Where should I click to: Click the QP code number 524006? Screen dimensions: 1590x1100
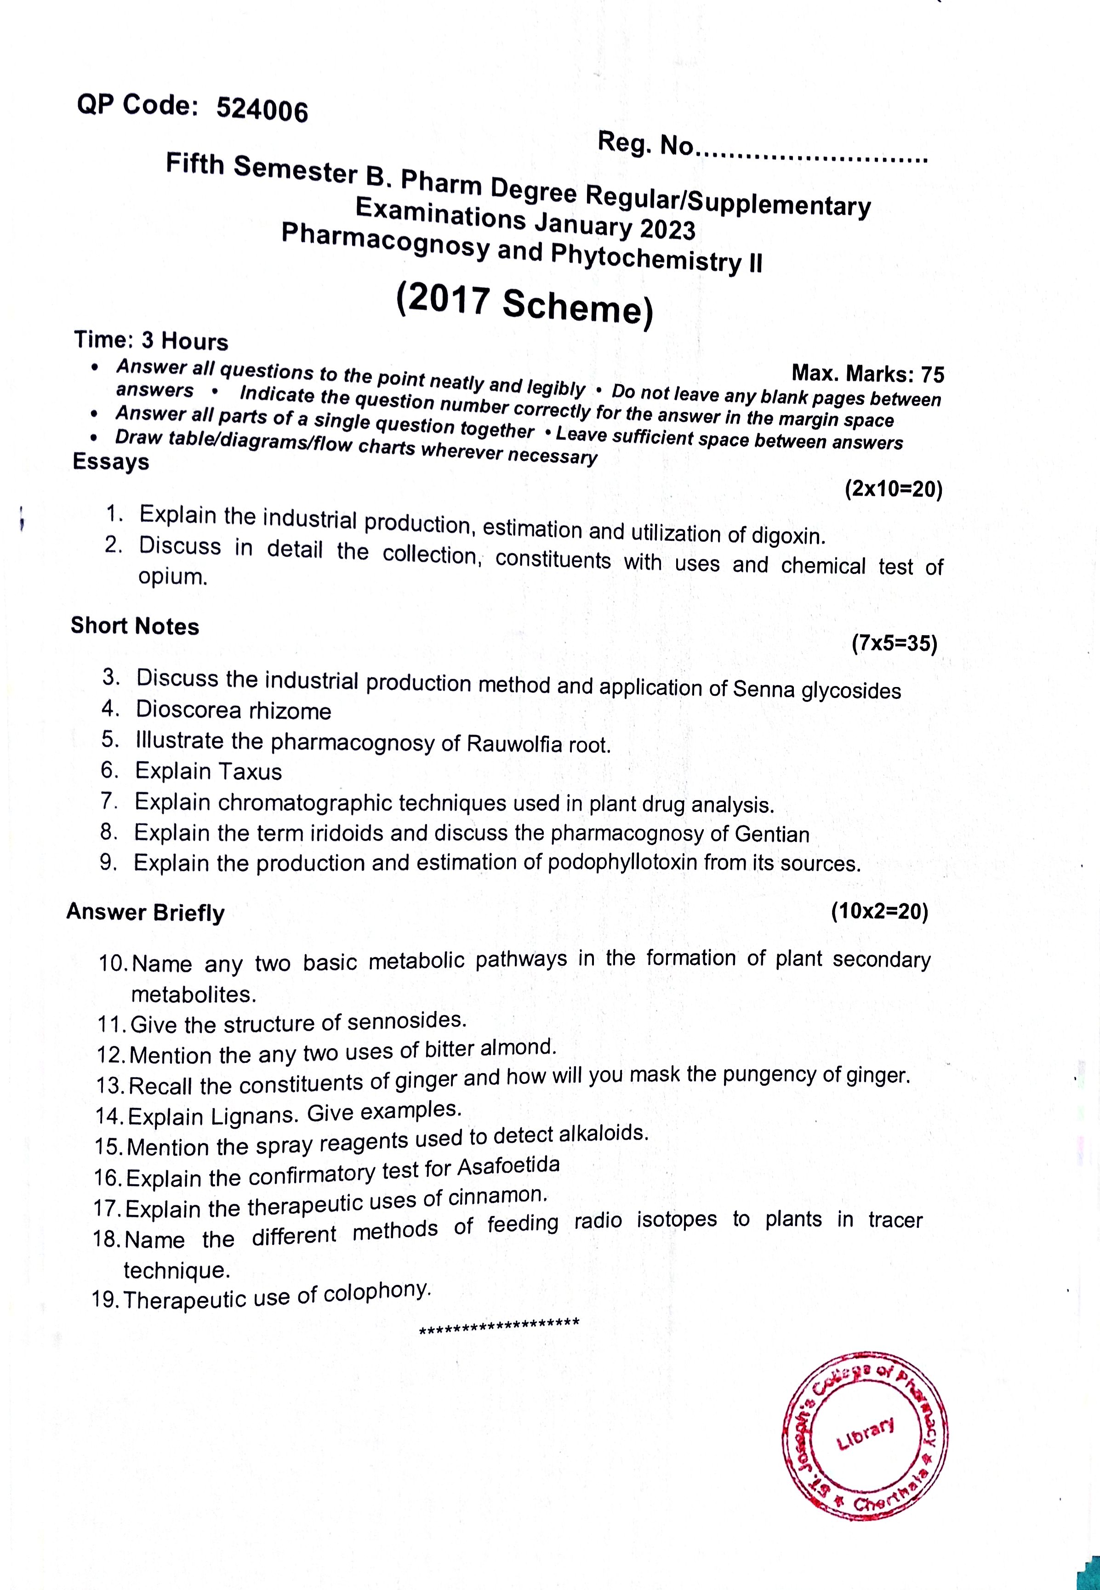(262, 109)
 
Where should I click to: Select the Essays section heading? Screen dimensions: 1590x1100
(111, 461)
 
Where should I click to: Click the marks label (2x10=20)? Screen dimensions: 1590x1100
(893, 490)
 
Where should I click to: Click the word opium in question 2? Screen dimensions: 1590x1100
(172, 577)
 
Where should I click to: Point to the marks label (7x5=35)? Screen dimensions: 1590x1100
(894, 644)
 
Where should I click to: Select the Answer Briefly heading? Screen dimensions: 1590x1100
(145, 912)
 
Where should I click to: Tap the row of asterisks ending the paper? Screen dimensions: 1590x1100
(499, 1324)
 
